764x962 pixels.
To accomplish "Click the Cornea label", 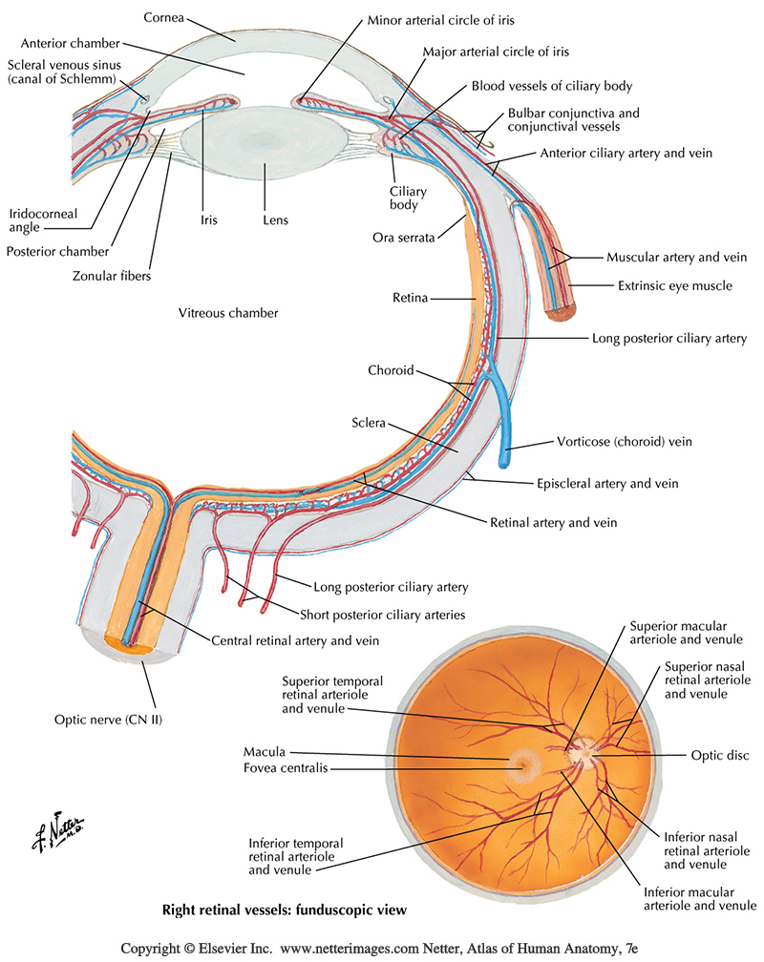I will click(164, 17).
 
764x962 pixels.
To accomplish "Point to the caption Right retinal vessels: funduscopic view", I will click(283, 910).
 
